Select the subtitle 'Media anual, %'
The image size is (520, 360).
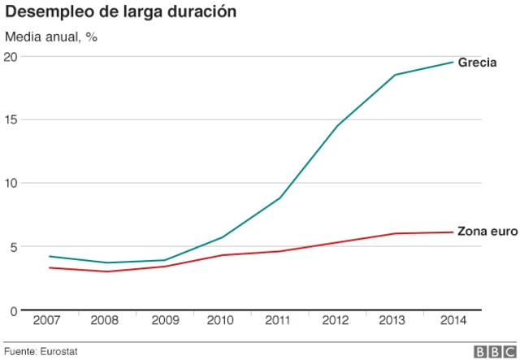51,37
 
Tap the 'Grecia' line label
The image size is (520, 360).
478,63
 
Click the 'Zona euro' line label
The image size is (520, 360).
485,232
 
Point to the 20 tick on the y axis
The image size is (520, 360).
11,56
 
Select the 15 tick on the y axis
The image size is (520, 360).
11,119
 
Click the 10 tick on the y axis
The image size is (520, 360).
11,183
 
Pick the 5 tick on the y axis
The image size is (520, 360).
14,246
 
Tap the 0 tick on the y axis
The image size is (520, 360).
14,310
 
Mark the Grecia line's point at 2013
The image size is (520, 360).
395,75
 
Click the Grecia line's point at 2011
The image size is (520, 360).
279,198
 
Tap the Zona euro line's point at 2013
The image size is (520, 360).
395,234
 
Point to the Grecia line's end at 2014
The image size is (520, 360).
453,63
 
